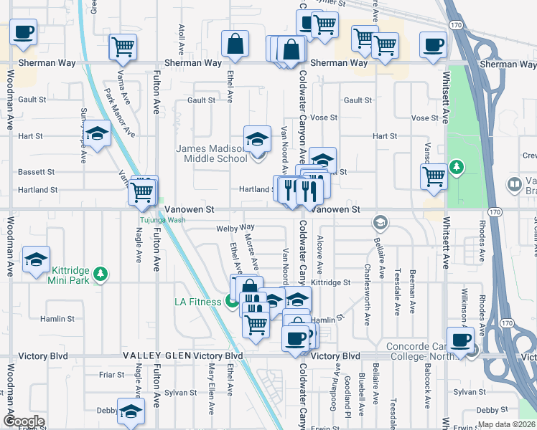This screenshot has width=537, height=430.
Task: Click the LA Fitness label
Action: (x=198, y=302)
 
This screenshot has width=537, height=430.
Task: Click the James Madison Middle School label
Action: (x=212, y=153)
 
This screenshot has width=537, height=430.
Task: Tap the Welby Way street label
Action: (x=230, y=229)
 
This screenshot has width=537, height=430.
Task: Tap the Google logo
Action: (x=24, y=421)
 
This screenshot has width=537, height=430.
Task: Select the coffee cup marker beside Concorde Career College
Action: (x=459, y=339)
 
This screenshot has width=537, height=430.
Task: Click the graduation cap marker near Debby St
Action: (x=131, y=411)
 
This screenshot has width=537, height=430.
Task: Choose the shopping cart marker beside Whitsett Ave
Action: (x=434, y=176)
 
